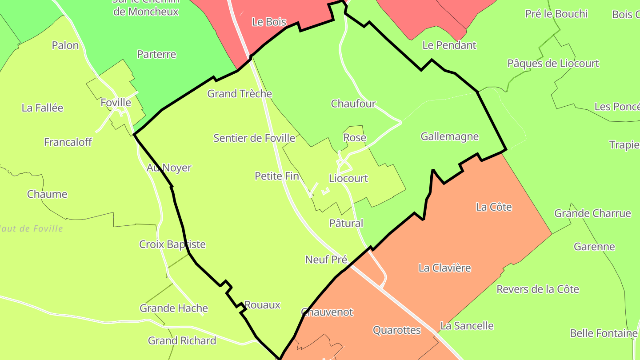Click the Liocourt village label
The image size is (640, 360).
tap(348, 179)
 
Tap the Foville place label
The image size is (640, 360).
tap(116, 103)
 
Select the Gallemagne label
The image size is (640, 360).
tap(450, 136)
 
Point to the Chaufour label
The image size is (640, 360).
tap(353, 104)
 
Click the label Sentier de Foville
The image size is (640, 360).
tap(254, 138)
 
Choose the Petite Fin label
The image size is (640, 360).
tap(276, 176)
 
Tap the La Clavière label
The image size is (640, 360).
tap(444, 268)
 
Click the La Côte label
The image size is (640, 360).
tap(494, 207)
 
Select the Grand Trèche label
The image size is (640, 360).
tap(240, 94)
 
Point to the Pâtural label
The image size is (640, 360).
tap(346, 223)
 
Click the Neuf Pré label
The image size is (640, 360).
tap(326, 260)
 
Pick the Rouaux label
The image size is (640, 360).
tap(263, 305)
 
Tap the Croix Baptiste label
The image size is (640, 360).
tap(172, 244)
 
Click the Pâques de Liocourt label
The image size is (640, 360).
tap(553, 64)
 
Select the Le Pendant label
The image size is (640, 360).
tap(449, 45)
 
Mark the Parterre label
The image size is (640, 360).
tap(156, 55)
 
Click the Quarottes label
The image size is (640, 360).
tap(396, 330)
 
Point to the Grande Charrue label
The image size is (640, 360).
tap(592, 213)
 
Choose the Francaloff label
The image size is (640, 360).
tap(68, 142)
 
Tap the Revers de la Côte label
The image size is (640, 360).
tap(538, 289)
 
